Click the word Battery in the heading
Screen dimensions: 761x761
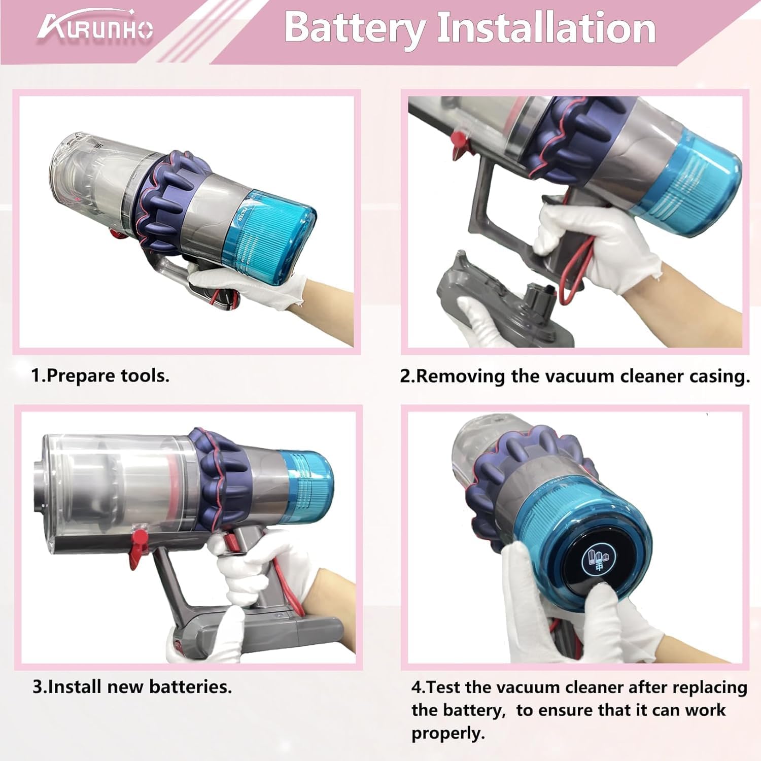(x=354, y=28)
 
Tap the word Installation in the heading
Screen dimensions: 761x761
(x=546, y=28)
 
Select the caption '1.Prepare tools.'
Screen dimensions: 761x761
(x=100, y=376)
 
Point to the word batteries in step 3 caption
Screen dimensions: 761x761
(x=190, y=686)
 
